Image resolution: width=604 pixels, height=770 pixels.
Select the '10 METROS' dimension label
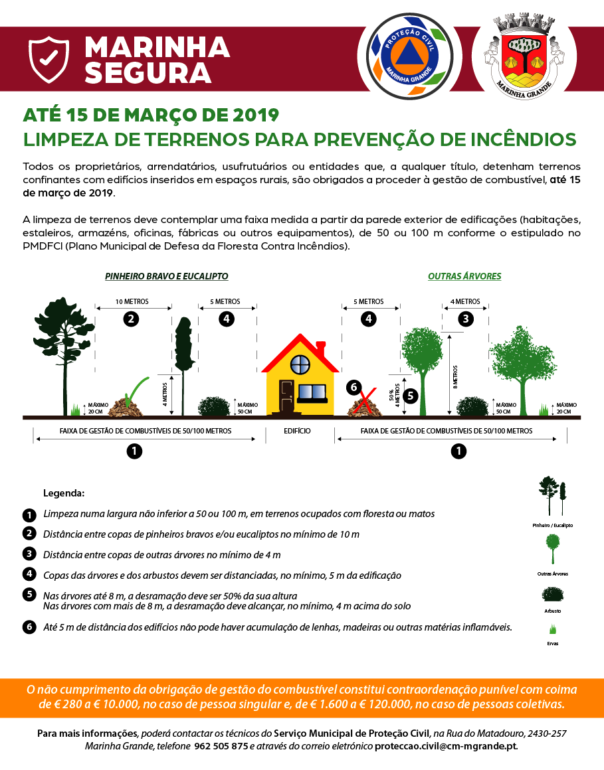click(x=132, y=301)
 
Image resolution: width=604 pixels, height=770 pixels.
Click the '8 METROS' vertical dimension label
click(x=456, y=379)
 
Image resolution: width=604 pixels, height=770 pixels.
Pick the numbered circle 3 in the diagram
click(x=466, y=319)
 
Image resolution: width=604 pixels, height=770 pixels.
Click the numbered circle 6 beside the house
click(x=353, y=387)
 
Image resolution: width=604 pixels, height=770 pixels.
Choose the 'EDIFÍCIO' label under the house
click(x=297, y=431)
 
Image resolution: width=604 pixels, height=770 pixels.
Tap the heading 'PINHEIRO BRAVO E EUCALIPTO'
click(x=166, y=276)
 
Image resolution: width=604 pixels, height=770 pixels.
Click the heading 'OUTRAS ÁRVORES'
click(x=464, y=276)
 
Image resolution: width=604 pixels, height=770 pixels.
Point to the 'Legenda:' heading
click(x=64, y=494)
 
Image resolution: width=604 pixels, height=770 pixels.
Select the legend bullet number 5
click(x=29, y=594)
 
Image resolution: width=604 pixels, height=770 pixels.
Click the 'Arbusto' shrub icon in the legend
click(x=552, y=594)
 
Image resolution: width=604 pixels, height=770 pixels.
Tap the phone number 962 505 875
click(x=221, y=746)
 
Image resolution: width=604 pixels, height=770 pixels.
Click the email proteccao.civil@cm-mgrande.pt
click(x=445, y=746)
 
